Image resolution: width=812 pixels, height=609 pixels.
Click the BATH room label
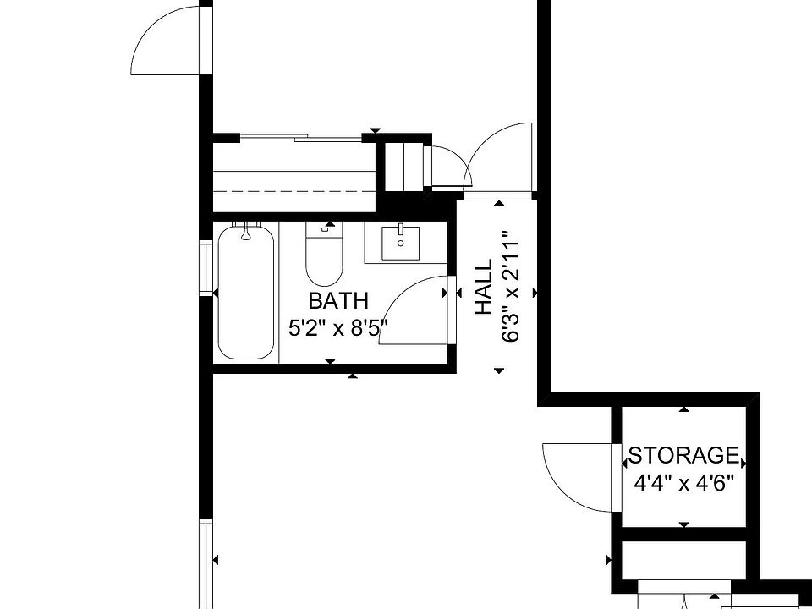[338, 300]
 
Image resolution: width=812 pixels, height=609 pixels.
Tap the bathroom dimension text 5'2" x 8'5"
[338, 327]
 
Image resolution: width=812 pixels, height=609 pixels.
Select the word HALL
[483, 288]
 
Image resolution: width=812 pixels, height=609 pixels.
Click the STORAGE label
[683, 456]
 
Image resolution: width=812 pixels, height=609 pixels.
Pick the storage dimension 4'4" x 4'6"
[683, 484]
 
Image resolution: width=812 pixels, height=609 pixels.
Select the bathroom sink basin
[400, 246]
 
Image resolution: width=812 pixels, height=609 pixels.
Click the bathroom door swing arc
[406, 309]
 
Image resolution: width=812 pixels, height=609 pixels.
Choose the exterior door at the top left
[169, 42]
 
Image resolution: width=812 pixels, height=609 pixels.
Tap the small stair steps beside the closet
[403, 166]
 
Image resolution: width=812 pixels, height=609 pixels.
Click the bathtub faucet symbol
[246, 231]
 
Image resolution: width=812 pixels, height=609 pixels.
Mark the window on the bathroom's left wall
[205, 267]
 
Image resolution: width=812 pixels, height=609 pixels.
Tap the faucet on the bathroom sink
[400, 230]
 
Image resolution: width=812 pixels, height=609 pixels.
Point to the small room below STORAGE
[683, 559]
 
